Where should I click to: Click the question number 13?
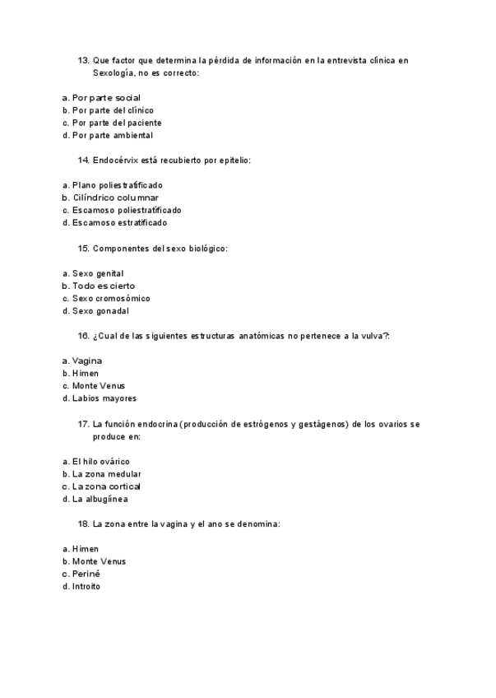[x=83, y=60]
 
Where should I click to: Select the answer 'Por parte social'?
[x=106, y=98]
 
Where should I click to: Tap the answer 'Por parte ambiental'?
[x=112, y=135]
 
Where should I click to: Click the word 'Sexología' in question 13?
[x=114, y=72]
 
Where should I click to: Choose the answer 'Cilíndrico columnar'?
[x=115, y=198]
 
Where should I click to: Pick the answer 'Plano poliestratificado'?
[x=117, y=185]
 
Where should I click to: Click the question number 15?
[x=83, y=248]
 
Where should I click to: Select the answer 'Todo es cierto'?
[x=104, y=286]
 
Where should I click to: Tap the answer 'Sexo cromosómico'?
[x=111, y=298]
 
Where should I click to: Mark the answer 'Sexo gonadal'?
[x=100, y=311]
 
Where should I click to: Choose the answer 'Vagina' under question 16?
[x=87, y=361]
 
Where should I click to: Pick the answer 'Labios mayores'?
[x=104, y=398]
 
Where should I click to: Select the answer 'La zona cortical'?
[x=106, y=486]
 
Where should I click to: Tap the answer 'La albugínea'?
[x=100, y=499]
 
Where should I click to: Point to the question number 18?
[x=83, y=523]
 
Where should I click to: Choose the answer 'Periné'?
[x=86, y=574]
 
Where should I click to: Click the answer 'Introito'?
[x=86, y=586]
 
